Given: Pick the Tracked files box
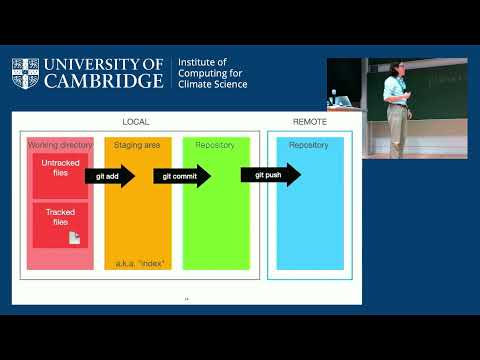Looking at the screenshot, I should [x=60, y=224].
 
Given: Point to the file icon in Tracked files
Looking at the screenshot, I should [x=74, y=237].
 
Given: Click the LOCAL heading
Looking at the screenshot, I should [x=136, y=121].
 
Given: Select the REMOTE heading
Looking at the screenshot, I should [x=309, y=121].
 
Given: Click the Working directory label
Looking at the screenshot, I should [x=60, y=146].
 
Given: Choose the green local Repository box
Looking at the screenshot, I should [x=215, y=205].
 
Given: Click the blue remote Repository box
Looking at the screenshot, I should [x=309, y=205].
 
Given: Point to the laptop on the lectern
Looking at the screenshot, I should [x=340, y=101].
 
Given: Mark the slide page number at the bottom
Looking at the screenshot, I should [x=186, y=298].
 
